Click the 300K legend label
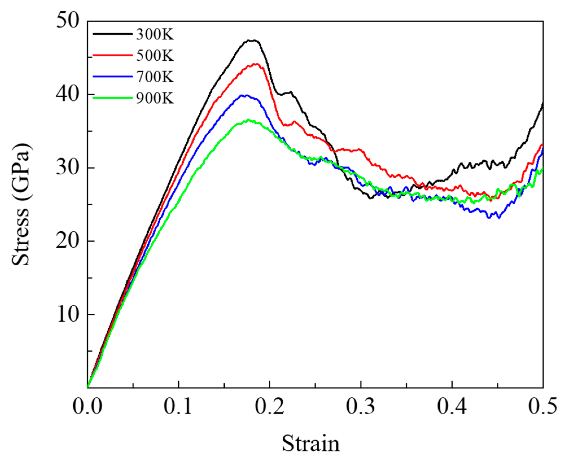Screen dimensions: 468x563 tap(155, 35)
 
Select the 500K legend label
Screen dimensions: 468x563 tap(155, 56)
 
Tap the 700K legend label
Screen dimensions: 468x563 tap(155, 77)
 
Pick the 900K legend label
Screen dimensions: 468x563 tap(155, 98)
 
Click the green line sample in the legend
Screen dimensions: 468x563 tap(112, 98)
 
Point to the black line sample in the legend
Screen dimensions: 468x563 tap(112, 34)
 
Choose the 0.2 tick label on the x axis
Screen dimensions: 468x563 tap(270, 407)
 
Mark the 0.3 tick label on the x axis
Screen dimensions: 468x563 tap(361, 407)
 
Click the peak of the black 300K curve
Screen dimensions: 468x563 tap(252, 40)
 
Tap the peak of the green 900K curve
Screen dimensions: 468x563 tap(248, 120)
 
